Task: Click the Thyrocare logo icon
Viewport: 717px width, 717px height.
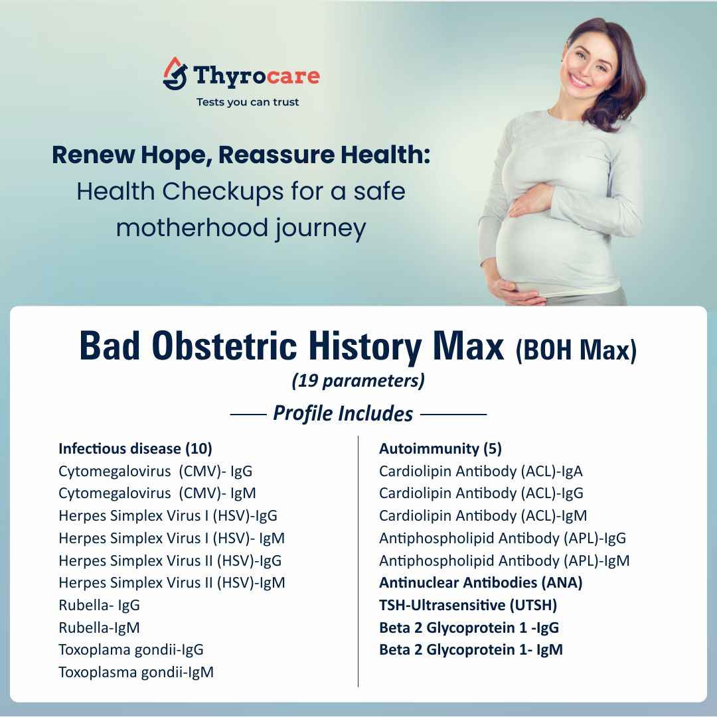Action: (175, 74)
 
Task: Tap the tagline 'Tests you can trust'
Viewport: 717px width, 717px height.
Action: (248, 102)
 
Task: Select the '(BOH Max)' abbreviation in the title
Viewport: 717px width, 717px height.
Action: (576, 350)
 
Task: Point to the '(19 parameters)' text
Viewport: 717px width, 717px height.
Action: (358, 381)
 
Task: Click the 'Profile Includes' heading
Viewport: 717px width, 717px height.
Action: (343, 414)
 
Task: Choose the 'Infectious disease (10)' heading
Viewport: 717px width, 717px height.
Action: (135, 449)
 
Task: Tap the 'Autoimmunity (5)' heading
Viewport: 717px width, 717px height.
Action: (440, 449)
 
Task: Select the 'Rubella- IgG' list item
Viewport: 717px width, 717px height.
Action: (99, 605)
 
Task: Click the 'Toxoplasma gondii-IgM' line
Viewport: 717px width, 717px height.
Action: (136, 672)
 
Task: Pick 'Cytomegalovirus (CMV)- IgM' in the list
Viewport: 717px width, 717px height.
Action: (157, 493)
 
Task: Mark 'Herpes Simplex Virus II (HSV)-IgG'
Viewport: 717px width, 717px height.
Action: (170, 560)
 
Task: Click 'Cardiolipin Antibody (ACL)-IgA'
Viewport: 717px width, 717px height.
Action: (481, 472)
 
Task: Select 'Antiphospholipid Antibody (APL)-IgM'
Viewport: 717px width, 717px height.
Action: (504, 560)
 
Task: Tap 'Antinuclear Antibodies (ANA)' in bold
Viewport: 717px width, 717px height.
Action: (481, 583)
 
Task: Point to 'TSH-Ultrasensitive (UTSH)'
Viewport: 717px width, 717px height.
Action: (468, 605)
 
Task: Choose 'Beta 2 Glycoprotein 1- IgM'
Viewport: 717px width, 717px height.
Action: (471, 650)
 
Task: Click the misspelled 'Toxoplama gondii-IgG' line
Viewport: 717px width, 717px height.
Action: (131, 650)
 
